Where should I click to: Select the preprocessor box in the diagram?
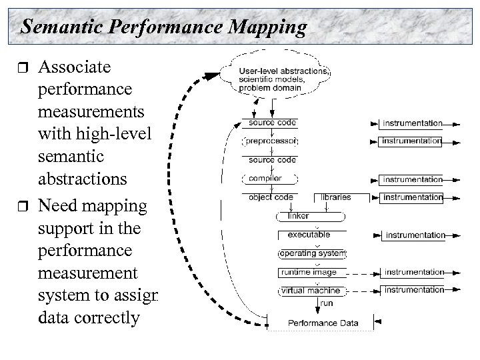click(269, 141)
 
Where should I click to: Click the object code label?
click(269, 197)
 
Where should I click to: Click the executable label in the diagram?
click(309, 235)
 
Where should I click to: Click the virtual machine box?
click(309, 291)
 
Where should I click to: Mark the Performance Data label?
click(323, 323)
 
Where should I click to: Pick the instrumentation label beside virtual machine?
click(413, 291)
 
